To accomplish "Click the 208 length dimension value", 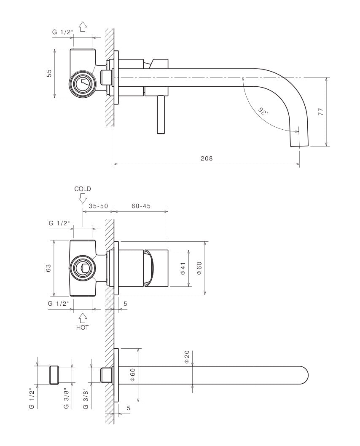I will tap(207, 159).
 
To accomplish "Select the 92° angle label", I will tap(263, 112).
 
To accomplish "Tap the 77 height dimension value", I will tap(321, 112).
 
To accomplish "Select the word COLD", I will tap(83, 189).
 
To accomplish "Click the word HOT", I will tap(83, 327).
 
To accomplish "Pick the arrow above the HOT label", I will tap(83, 318).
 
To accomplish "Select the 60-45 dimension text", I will tap(141, 206).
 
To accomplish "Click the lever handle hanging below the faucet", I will tap(160, 114).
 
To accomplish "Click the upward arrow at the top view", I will tap(83, 27).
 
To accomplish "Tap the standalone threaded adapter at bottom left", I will tap(55, 375).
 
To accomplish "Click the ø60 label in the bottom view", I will tap(132, 375).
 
